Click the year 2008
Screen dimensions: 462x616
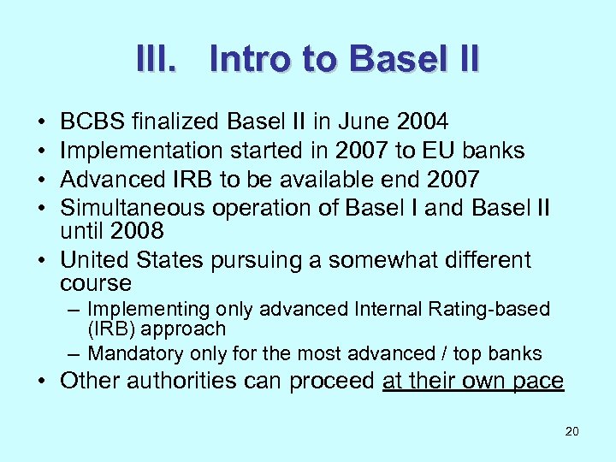click(135, 231)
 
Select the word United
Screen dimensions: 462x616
click(96, 260)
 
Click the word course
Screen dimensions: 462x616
click(96, 283)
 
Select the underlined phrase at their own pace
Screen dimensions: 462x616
click(473, 381)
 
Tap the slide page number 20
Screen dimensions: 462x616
click(572, 431)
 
